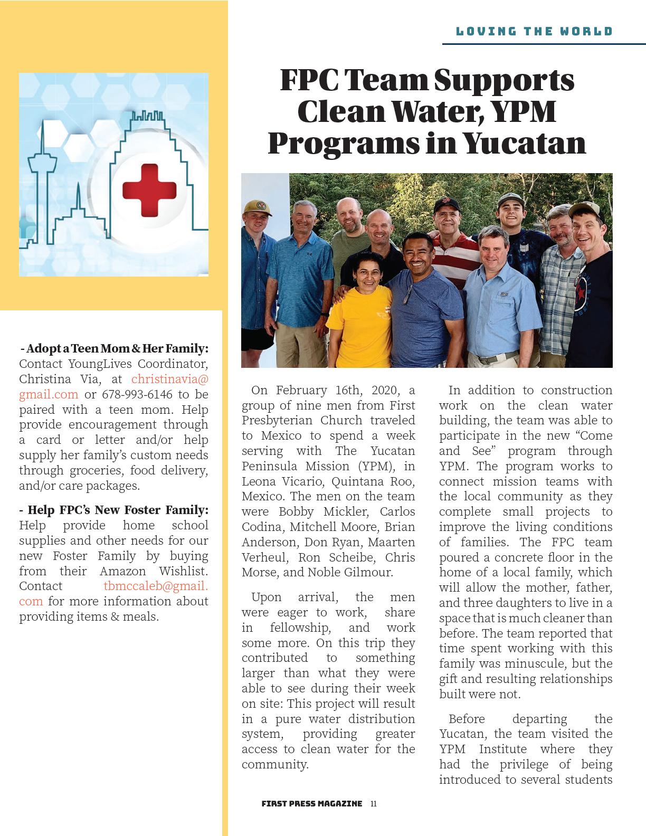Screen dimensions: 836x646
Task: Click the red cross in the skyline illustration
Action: pyautogui.click(x=149, y=190)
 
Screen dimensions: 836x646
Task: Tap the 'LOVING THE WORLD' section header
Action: pyautogui.click(x=534, y=31)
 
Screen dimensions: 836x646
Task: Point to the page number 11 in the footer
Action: pyautogui.click(x=373, y=804)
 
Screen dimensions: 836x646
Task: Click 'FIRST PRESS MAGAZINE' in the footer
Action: pyautogui.click(x=312, y=804)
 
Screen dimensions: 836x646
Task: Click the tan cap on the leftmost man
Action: pyautogui.click(x=256, y=207)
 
